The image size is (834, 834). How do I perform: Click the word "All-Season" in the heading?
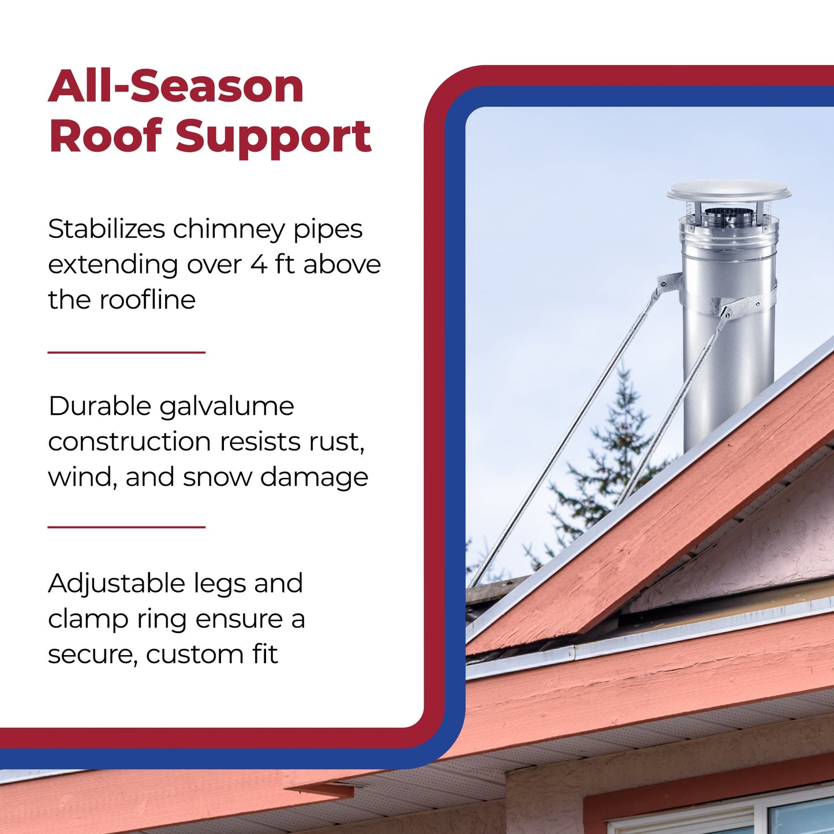(176, 87)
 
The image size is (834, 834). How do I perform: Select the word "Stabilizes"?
(107, 229)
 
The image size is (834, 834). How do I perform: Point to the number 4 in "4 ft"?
(259, 265)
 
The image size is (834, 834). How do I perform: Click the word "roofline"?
(148, 300)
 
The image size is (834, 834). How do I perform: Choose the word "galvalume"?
(226, 407)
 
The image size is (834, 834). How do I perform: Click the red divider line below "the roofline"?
(126, 352)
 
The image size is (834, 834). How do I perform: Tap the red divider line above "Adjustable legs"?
(126, 527)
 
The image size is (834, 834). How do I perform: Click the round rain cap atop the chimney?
(728, 191)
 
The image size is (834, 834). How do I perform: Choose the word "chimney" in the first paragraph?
(229, 229)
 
